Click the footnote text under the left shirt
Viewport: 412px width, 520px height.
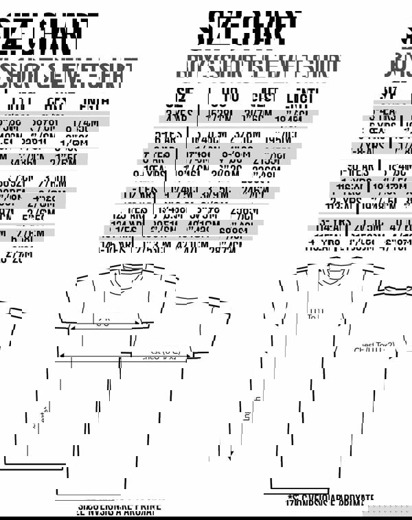tap(117, 508)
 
